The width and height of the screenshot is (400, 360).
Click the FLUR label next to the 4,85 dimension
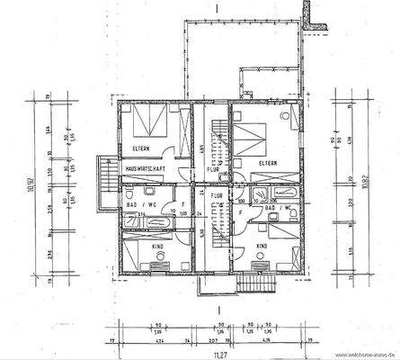pyautogui.click(x=212, y=168)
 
